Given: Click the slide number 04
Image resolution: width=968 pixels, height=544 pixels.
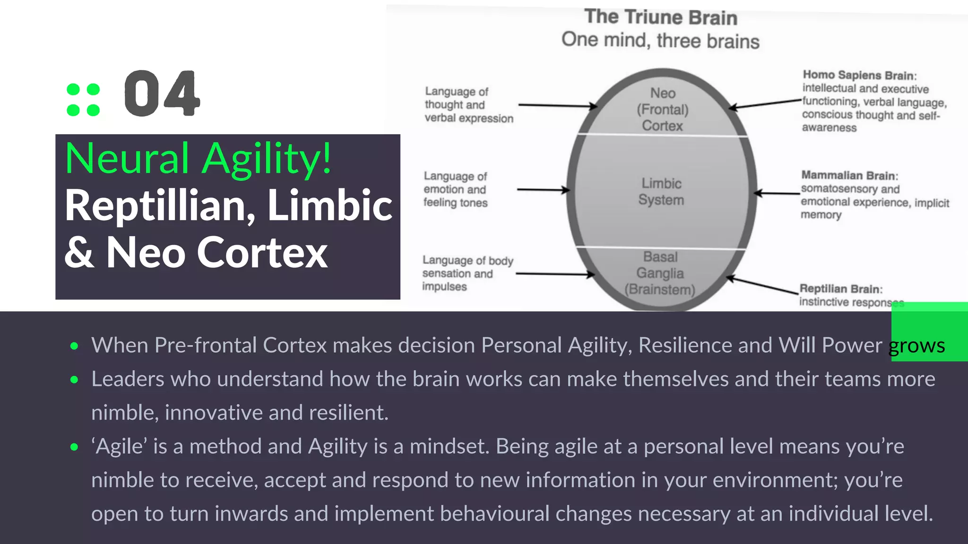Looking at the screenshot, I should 162,93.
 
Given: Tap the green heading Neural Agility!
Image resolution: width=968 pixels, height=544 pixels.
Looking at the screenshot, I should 199,159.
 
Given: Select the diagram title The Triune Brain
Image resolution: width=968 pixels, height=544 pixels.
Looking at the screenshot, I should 661,17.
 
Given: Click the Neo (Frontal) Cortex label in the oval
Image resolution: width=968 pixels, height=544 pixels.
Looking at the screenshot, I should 663,110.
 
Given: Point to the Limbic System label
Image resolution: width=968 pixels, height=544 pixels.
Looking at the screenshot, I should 661,191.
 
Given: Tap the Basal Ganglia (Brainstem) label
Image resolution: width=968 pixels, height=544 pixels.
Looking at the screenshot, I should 660,273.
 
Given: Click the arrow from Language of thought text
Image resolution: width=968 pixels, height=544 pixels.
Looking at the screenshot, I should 558,105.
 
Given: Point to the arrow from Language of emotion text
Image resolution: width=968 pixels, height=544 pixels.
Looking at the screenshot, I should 544,190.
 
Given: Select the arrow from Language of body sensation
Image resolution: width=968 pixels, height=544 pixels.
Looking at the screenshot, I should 555,273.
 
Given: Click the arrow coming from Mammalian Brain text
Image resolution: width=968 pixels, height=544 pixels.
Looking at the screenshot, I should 777,193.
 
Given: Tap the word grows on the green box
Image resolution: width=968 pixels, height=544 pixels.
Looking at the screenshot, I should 916,346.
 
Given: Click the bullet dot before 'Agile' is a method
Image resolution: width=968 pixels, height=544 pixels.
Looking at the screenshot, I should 74,447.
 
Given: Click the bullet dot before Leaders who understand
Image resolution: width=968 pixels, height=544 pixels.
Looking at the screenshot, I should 74,379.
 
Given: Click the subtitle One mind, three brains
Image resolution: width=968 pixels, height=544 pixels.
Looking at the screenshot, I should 660,40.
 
